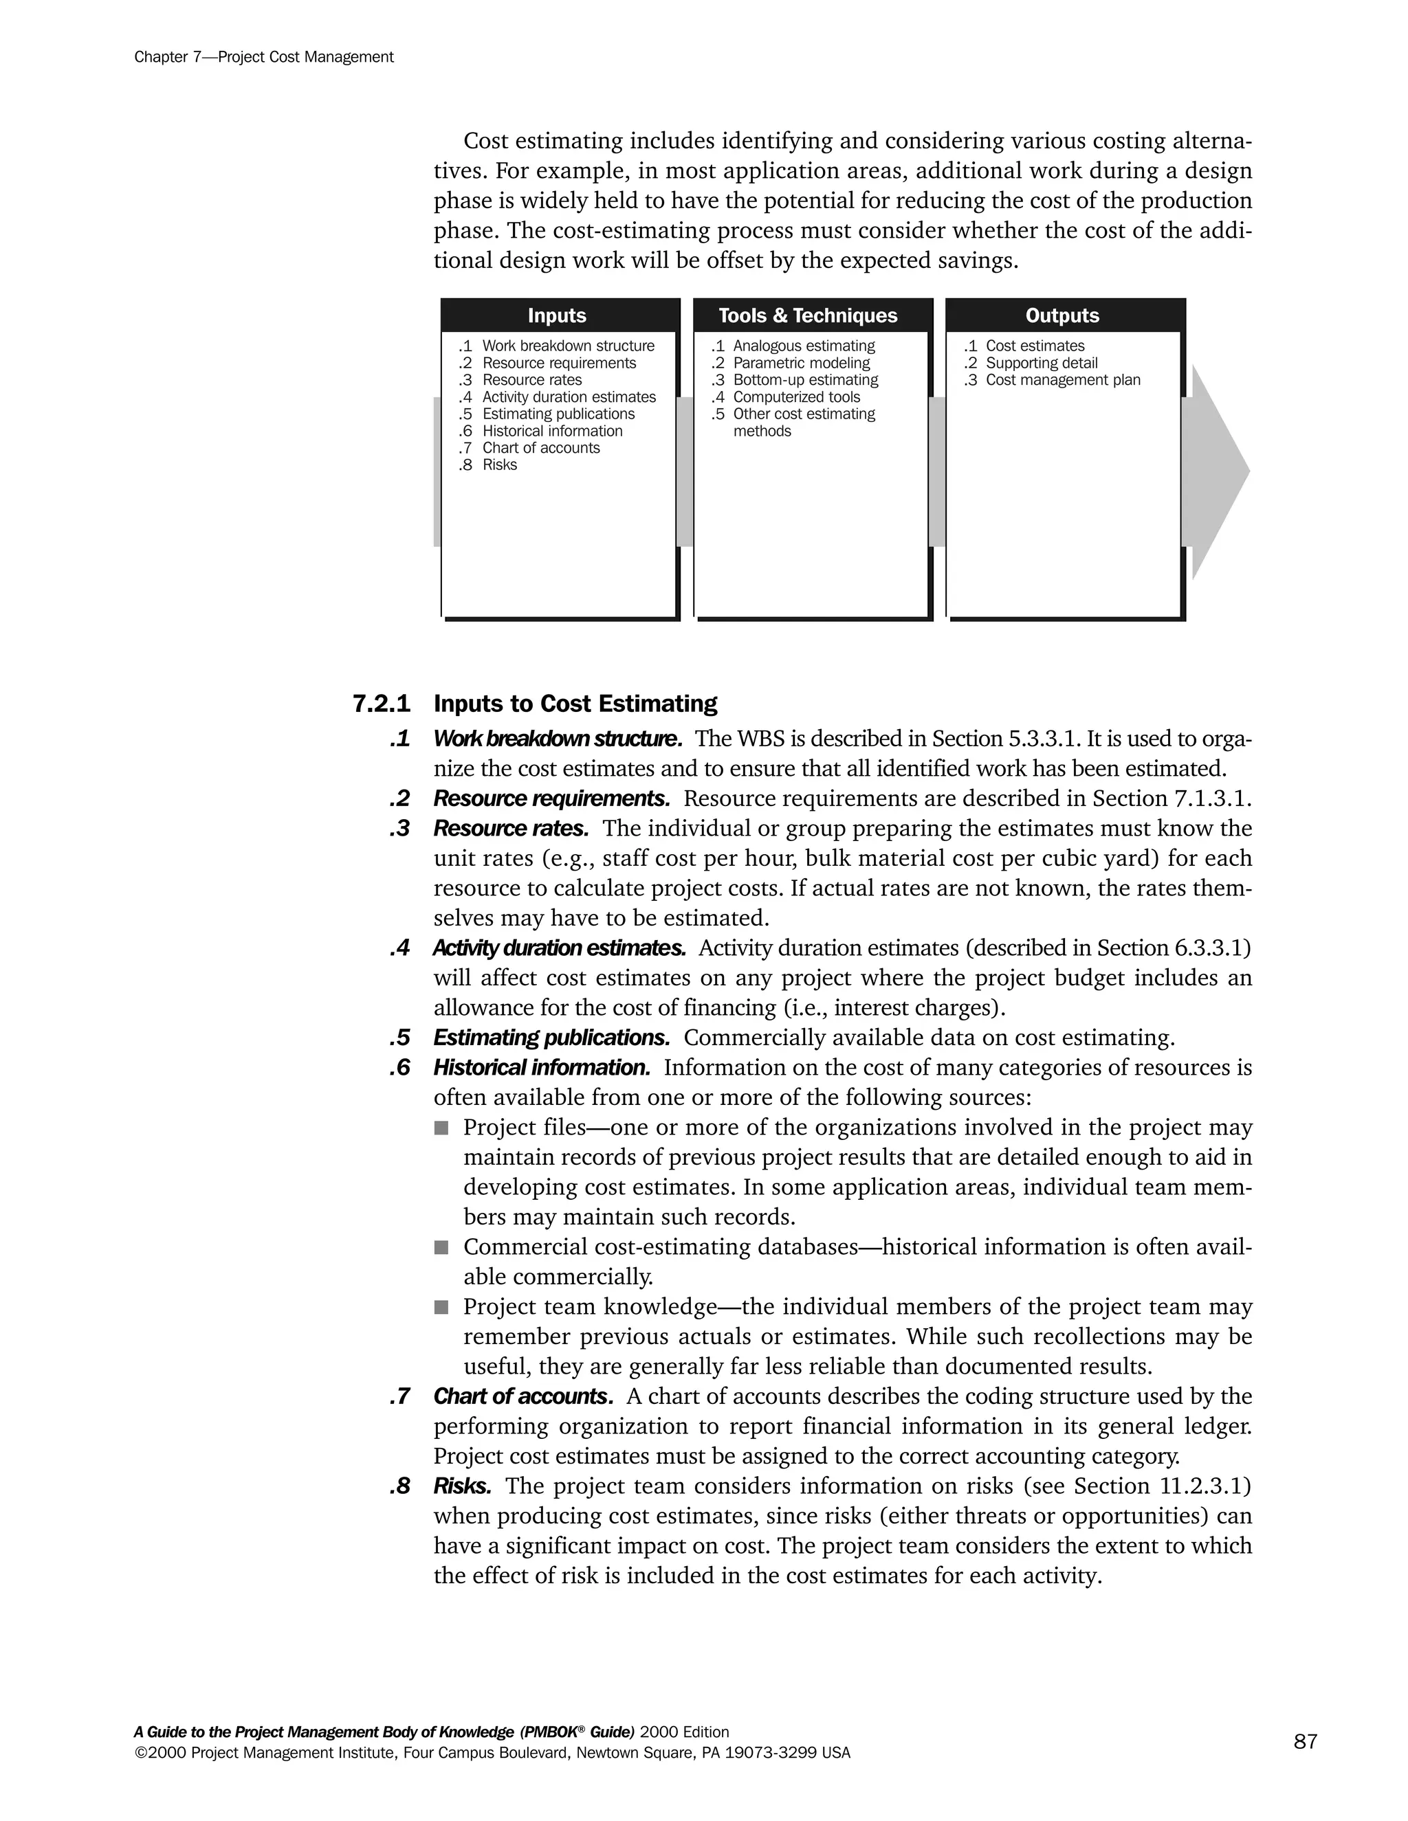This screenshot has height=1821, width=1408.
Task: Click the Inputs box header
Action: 556,316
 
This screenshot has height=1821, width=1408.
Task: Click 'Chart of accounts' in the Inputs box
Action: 540,448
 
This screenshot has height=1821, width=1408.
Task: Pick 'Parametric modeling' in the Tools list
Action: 801,363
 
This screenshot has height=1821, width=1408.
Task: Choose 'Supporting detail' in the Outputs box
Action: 1041,363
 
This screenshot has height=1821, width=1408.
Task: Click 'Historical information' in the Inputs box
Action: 552,431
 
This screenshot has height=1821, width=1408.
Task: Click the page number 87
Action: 1306,1741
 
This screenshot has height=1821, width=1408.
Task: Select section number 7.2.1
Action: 381,704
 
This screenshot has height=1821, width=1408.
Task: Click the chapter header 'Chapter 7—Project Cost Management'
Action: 263,57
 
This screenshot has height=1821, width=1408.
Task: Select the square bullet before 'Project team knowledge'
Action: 441,1308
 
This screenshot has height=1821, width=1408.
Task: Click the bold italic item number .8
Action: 399,1486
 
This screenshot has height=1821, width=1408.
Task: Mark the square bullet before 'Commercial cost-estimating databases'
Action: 441,1247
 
